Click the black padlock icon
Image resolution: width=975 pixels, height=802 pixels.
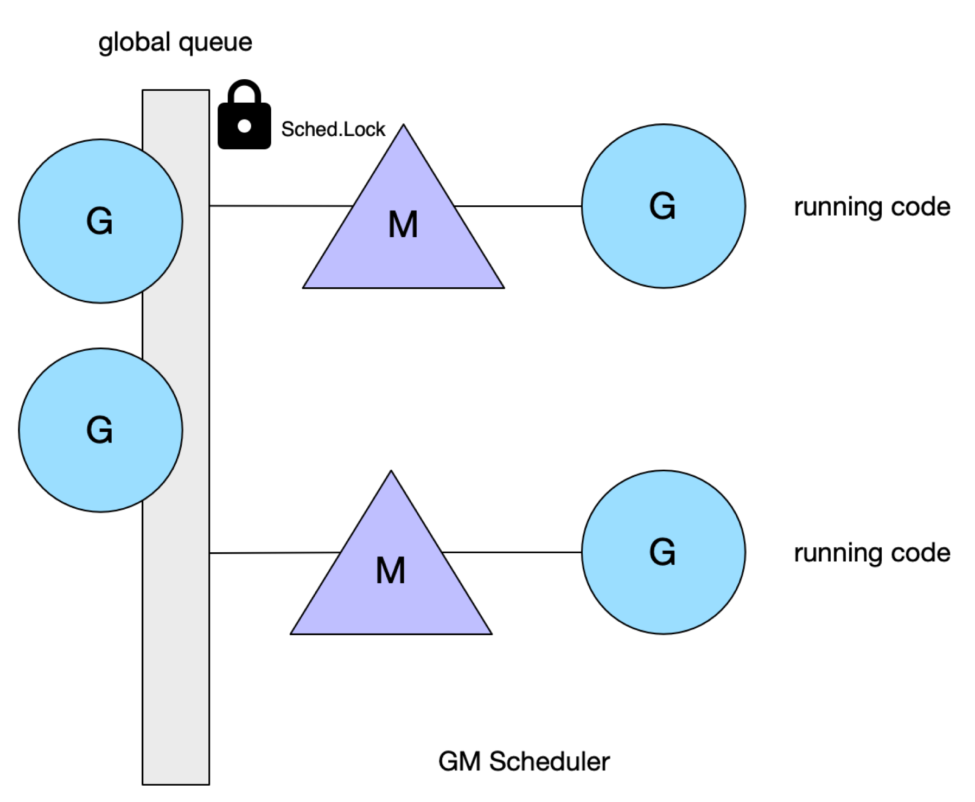point(244,115)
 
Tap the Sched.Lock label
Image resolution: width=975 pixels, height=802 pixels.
point(333,129)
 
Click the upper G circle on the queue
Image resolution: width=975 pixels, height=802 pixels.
point(100,221)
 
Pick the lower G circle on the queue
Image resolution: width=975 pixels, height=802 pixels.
point(100,430)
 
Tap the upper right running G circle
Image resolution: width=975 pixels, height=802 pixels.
point(663,206)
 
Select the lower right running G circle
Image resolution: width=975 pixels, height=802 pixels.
point(663,552)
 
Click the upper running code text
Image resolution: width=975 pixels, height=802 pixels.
point(872,207)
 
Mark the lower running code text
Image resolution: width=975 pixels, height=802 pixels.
point(872,553)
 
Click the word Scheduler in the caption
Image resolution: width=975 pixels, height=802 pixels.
point(549,761)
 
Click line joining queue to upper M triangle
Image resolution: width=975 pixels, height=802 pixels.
point(282,206)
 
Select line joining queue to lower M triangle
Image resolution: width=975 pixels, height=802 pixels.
point(275,553)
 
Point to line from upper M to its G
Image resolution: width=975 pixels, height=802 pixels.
point(518,206)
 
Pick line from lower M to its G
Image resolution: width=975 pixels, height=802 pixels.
point(512,552)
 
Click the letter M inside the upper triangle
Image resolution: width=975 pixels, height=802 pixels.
point(403,224)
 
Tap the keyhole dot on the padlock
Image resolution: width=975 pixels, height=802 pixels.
point(244,126)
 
